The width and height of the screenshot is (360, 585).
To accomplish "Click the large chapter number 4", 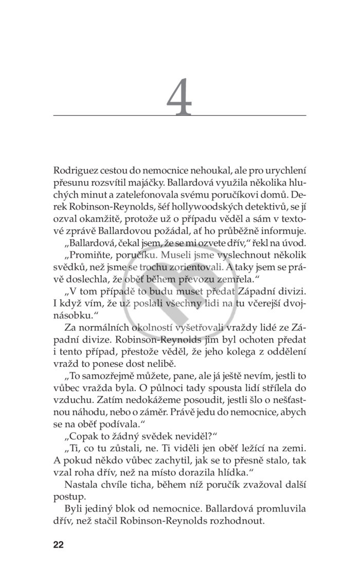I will coord(179,98).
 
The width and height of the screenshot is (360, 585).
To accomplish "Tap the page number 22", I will coord(58,545).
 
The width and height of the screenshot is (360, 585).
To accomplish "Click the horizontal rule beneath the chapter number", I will coord(179,115).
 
